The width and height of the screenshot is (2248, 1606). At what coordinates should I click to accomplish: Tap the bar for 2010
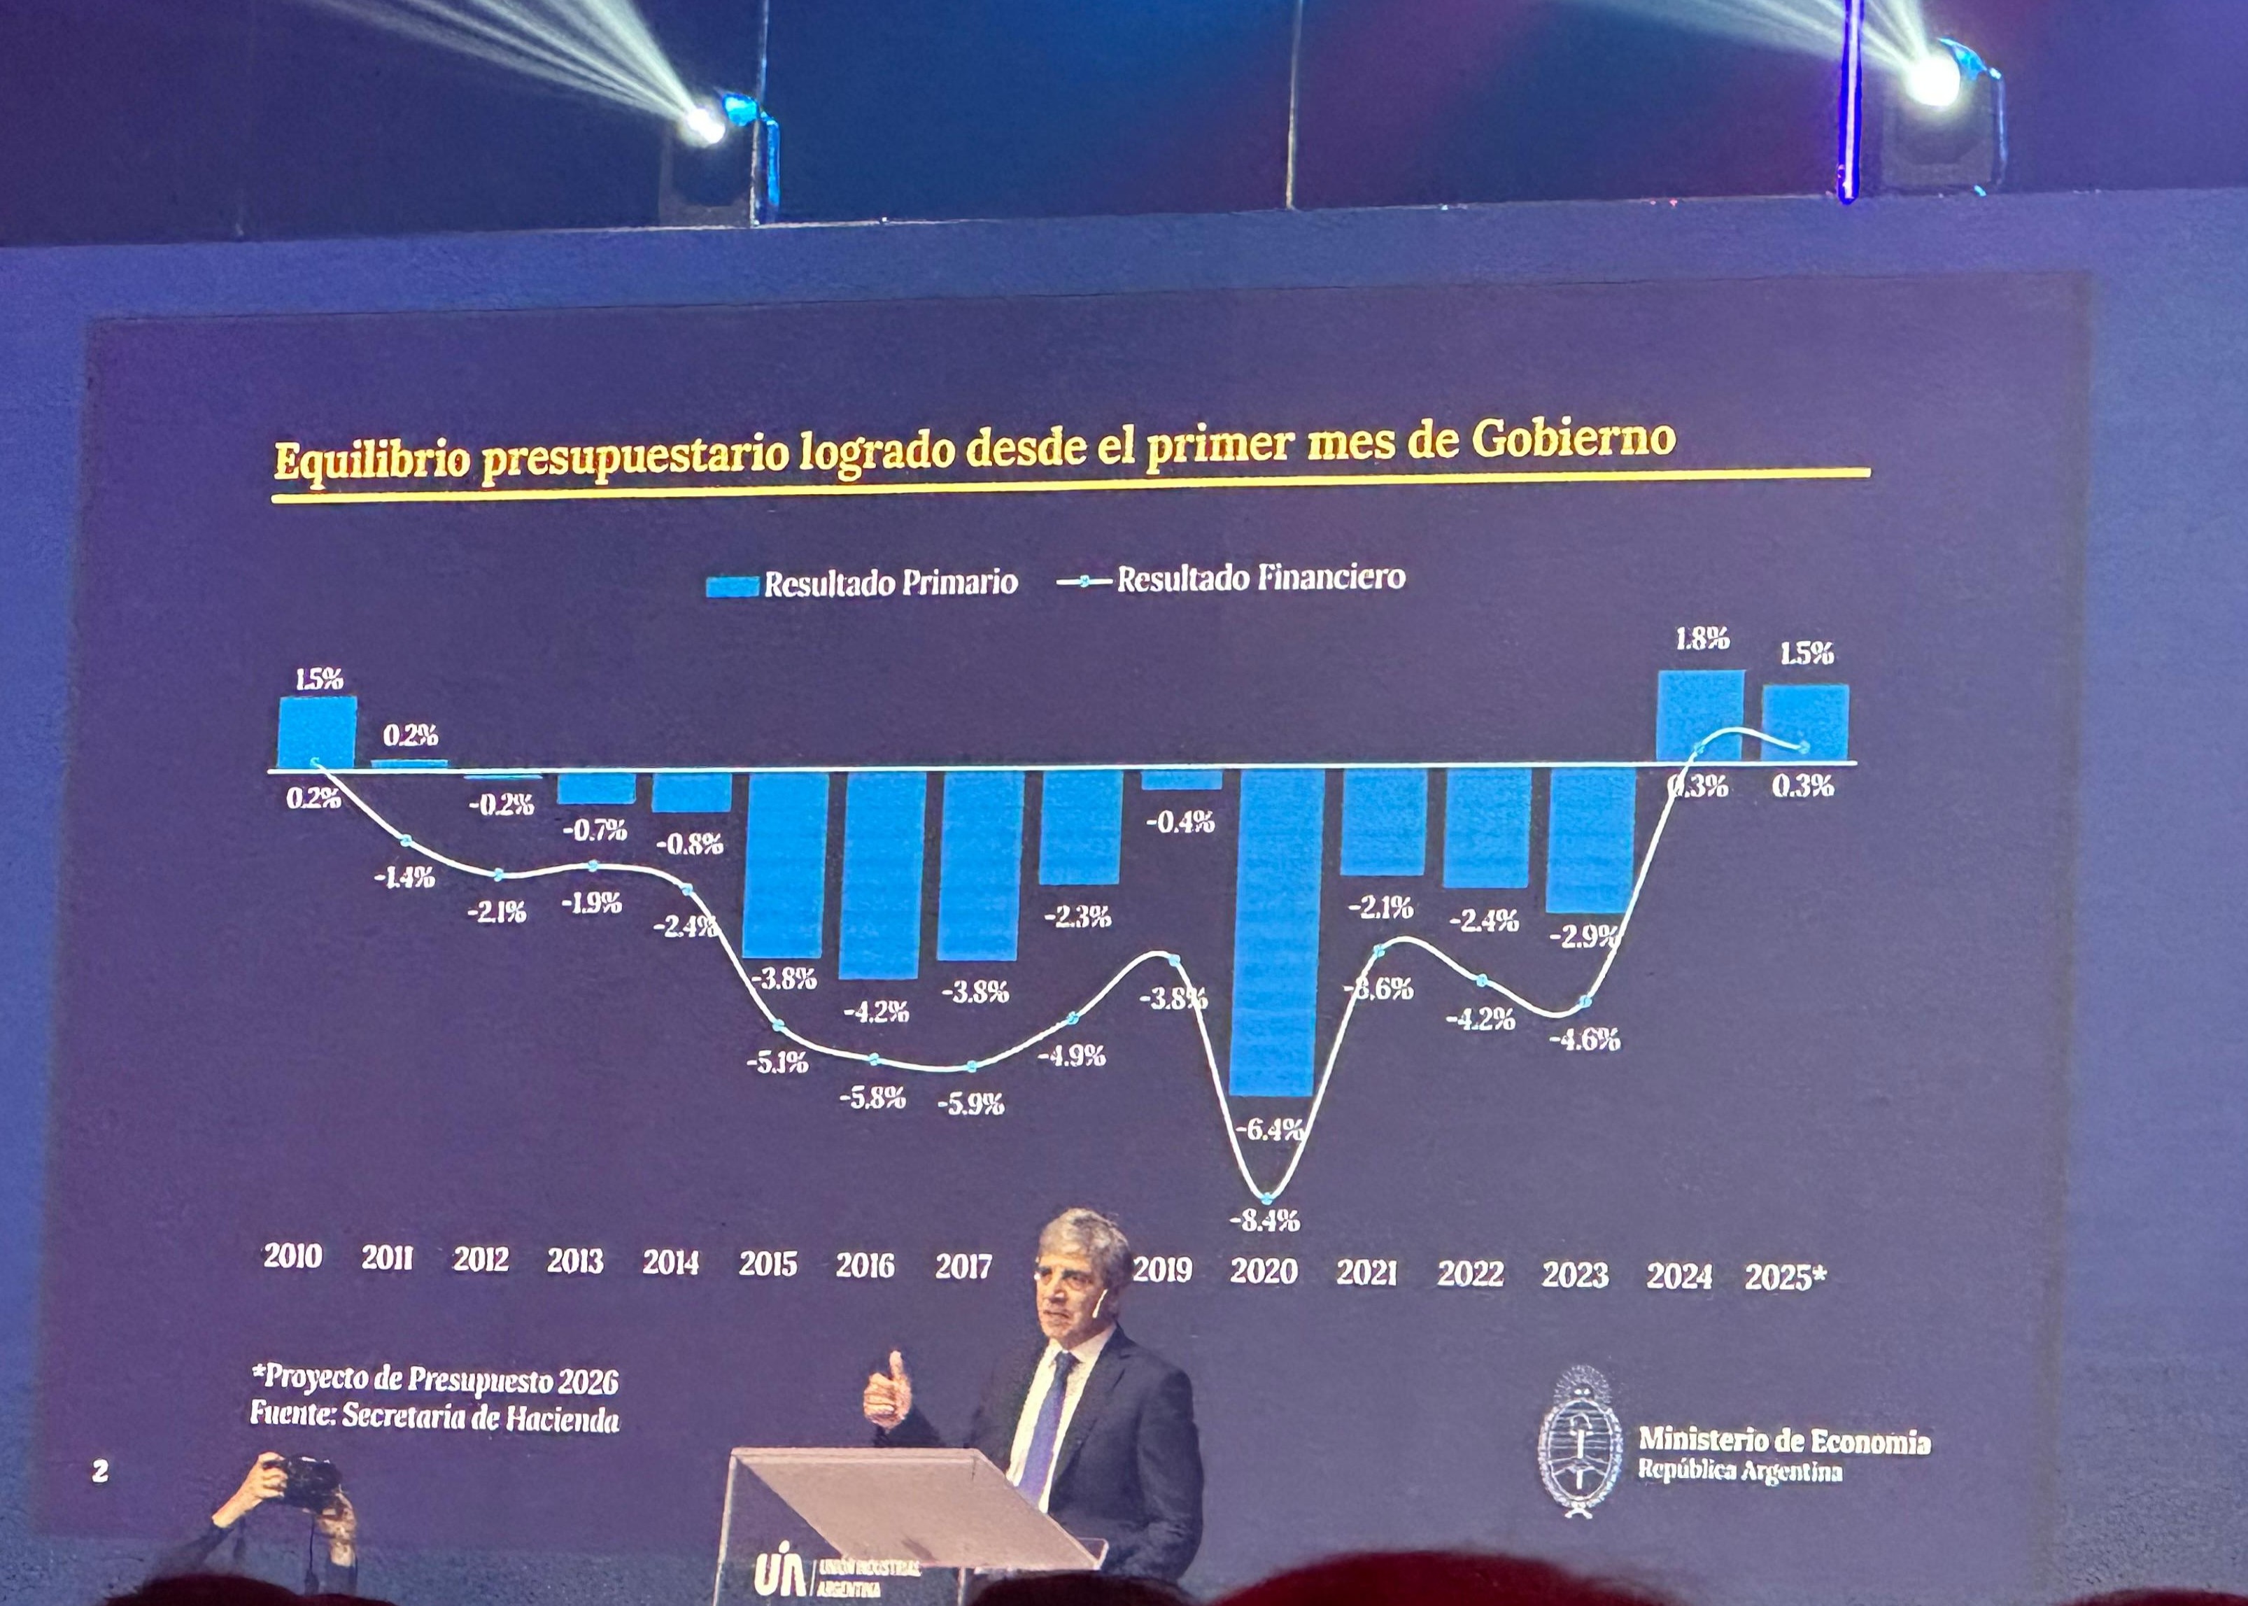click(316, 732)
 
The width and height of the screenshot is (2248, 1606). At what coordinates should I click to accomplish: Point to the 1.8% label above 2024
click(1702, 640)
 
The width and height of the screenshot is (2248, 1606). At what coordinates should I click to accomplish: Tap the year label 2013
click(574, 1261)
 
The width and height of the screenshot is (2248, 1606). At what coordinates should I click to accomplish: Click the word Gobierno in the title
click(1573, 438)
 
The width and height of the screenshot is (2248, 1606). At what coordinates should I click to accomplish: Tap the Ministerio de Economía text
click(1783, 1440)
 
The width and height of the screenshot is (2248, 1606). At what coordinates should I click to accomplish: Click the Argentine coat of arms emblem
click(1578, 1443)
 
